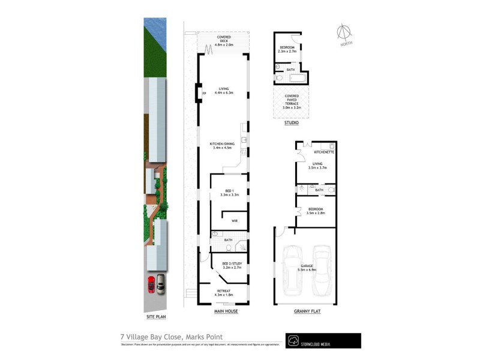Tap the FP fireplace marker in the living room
[x=204, y=94]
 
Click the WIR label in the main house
[x=235, y=221]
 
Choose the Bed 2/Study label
[x=230, y=265]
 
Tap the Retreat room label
[x=223, y=293]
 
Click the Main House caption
[x=226, y=312]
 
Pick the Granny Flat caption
[x=306, y=312]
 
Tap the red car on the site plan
[x=151, y=284]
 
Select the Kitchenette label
[x=323, y=152]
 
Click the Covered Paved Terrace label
[x=291, y=101]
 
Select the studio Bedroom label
[x=287, y=49]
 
